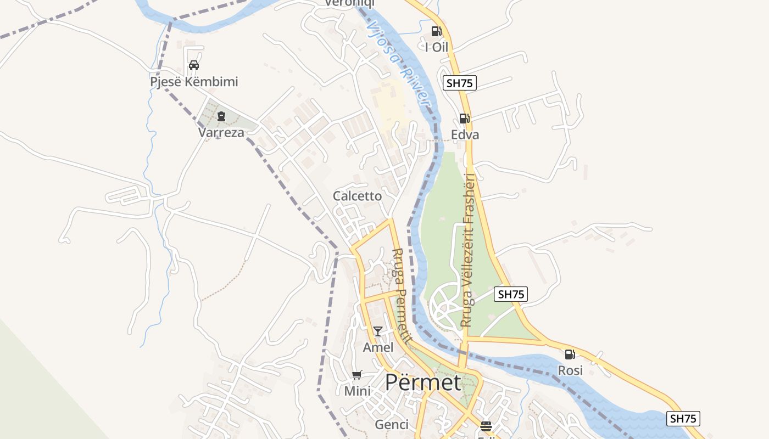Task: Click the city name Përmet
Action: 422,382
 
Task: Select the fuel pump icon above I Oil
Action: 436,31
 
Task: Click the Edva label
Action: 465,135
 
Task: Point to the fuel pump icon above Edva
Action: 464,118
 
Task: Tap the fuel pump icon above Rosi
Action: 570,354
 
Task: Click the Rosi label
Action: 570,371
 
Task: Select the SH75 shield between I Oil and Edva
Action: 459,83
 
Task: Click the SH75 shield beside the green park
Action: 511,294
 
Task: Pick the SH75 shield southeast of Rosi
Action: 683,419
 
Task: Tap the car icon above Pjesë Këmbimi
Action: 193,65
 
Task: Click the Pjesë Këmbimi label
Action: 194,82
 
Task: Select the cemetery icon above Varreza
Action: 221,116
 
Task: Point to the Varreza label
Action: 221,133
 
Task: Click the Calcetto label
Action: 357,196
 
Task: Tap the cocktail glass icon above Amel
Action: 378,331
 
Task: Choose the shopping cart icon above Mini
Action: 357,375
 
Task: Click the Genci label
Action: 392,425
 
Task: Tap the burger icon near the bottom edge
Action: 486,426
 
